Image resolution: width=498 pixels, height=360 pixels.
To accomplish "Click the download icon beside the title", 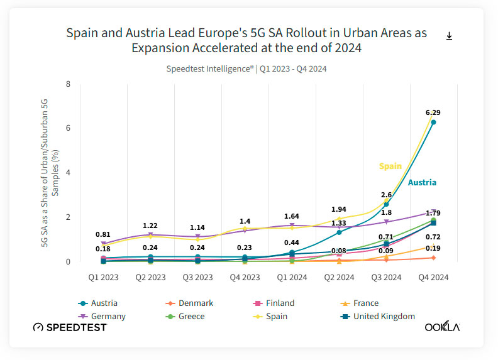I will (x=449, y=36).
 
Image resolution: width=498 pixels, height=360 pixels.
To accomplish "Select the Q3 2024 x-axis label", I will (x=387, y=276).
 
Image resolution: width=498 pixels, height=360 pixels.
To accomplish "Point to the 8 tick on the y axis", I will (x=68, y=84).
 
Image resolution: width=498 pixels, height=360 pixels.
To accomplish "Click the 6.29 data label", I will (x=433, y=112).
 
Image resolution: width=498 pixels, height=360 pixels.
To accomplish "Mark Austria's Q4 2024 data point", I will (x=433, y=122).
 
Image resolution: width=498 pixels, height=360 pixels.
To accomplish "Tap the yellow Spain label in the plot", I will (x=390, y=166).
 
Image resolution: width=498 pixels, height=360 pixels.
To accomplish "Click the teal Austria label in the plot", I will (x=422, y=182).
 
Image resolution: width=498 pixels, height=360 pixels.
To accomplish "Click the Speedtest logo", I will (x=70, y=327).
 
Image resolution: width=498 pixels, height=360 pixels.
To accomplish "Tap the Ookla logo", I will (x=442, y=327).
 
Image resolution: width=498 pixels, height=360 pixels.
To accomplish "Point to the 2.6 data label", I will (x=386, y=195).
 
